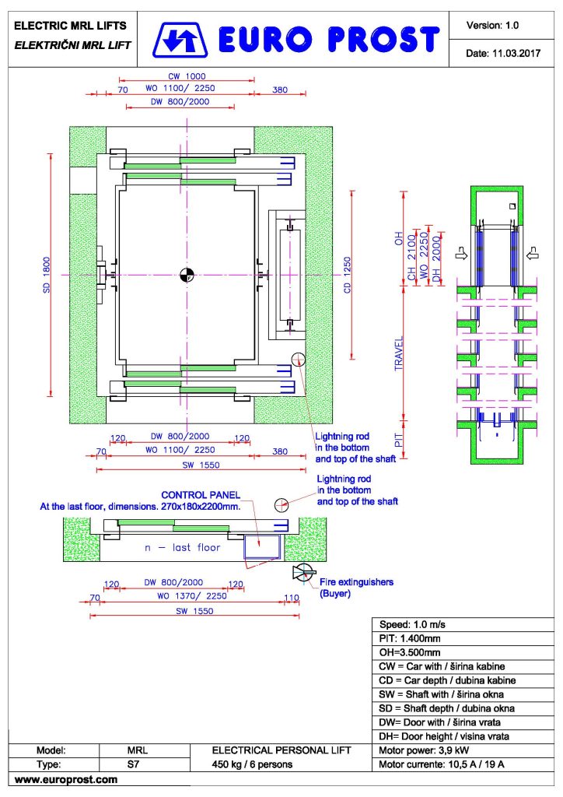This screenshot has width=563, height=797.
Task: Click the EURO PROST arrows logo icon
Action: (x=180, y=40)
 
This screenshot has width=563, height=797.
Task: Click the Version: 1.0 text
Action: (x=492, y=26)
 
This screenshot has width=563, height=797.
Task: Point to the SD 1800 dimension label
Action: (x=47, y=275)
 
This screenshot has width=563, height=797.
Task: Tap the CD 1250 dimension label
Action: (x=348, y=275)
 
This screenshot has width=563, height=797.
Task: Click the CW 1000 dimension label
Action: (x=187, y=76)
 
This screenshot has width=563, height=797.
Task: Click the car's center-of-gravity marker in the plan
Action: (x=187, y=275)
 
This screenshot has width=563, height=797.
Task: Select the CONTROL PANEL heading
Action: (x=201, y=494)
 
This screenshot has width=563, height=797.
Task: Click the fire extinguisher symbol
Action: (x=304, y=573)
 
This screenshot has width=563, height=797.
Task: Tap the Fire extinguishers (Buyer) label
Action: (x=356, y=588)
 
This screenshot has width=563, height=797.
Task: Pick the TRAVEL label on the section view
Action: (x=399, y=353)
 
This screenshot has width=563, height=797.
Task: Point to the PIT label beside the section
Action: (x=399, y=440)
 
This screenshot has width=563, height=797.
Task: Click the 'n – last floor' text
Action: (x=182, y=547)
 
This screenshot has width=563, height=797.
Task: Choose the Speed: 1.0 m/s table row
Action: (x=463, y=625)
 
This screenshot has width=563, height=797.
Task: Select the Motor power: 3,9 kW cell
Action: (x=463, y=750)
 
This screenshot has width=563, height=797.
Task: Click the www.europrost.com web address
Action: (x=66, y=779)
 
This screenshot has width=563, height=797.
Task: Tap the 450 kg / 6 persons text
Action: (x=252, y=764)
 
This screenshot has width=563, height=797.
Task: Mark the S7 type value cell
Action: (x=134, y=764)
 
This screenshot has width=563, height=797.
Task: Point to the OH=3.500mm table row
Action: (x=463, y=653)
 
